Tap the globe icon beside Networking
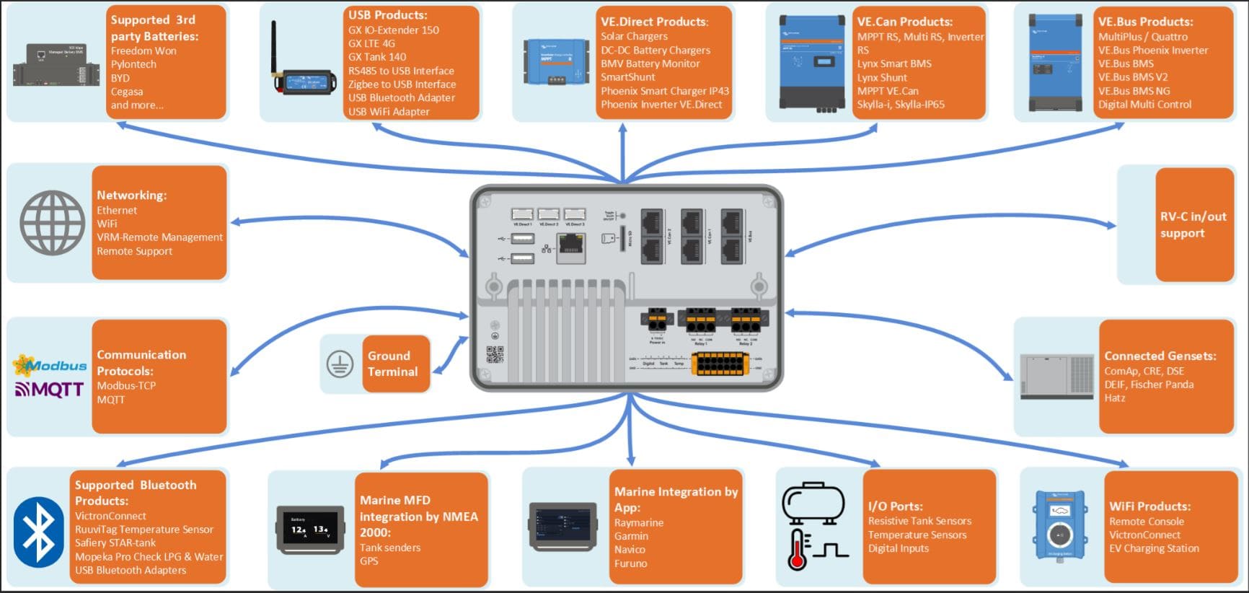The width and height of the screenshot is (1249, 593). [x=52, y=222]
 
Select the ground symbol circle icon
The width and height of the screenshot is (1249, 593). [x=340, y=364]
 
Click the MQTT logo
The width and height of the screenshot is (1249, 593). [x=49, y=390]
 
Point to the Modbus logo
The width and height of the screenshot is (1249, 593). [x=49, y=365]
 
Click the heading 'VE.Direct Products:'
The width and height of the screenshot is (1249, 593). [x=654, y=22]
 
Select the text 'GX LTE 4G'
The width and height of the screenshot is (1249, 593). [x=371, y=43]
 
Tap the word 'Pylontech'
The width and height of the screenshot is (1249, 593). [x=133, y=64]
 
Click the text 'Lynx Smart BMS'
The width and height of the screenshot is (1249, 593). [x=894, y=63]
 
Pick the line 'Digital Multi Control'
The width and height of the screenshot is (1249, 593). [x=1144, y=105]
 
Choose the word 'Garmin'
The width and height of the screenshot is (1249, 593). [x=631, y=536]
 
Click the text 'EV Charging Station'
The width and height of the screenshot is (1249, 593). [x=1154, y=548]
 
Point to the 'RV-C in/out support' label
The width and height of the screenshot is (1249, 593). [x=1193, y=224]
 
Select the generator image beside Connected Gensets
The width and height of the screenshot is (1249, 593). [x=1057, y=377]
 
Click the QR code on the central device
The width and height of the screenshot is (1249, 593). [x=495, y=354]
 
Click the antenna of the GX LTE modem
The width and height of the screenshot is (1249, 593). [x=274, y=47]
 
